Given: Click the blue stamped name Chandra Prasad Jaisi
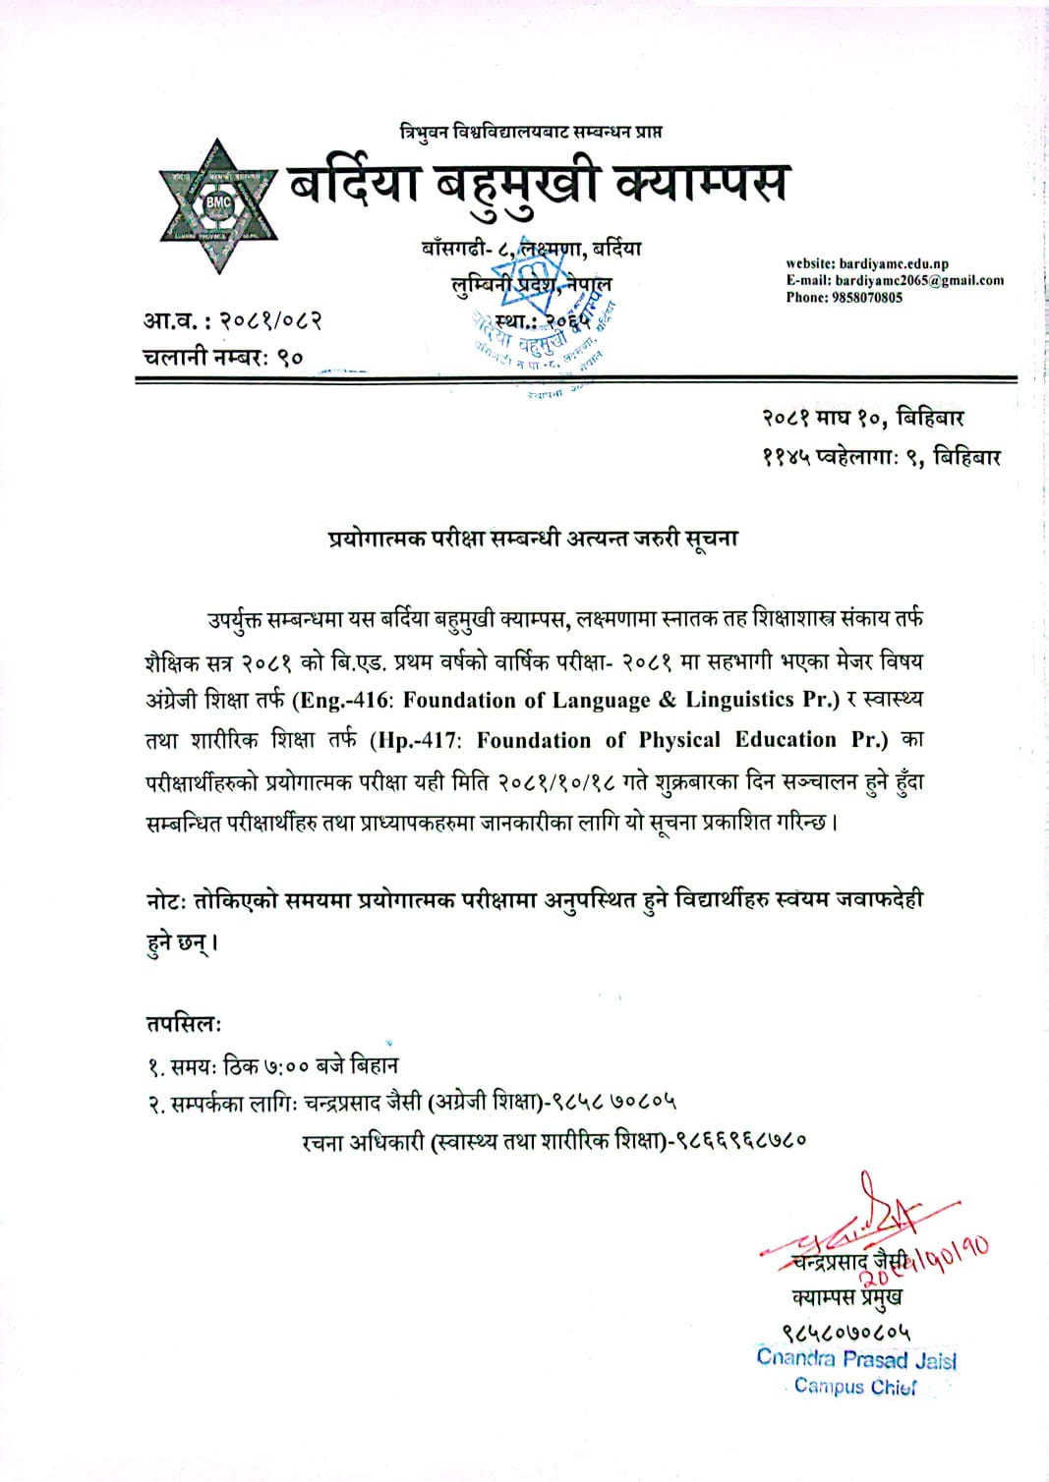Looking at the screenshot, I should [x=856, y=1359].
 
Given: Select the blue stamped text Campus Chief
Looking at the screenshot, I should [x=855, y=1387].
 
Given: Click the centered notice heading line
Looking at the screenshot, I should [x=533, y=538].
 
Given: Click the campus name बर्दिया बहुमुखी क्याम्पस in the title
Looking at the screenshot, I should [x=538, y=184].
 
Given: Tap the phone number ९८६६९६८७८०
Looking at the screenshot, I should [x=744, y=1141].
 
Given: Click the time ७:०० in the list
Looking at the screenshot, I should [x=287, y=1065].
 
